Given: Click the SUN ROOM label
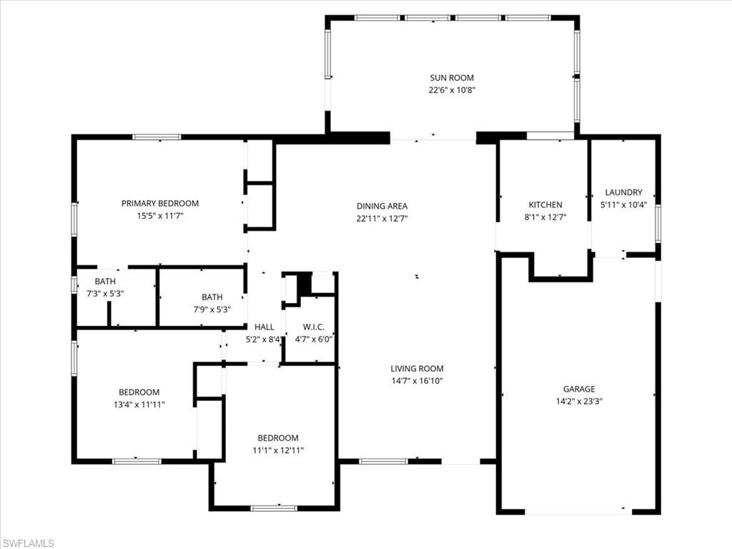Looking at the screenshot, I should click(x=451, y=78).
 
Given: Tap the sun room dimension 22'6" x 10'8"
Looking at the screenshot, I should click(x=451, y=90).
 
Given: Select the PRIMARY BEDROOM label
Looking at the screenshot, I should click(x=159, y=204).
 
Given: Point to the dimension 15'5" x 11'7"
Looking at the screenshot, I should click(x=159, y=215).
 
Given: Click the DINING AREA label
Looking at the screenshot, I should click(x=382, y=206).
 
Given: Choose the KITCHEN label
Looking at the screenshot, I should click(x=545, y=205).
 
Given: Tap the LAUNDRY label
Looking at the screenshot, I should click(x=623, y=192).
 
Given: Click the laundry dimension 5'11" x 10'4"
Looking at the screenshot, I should click(x=623, y=204).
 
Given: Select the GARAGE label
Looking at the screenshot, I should click(x=578, y=389).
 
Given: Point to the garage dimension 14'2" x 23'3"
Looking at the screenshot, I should click(x=578, y=401).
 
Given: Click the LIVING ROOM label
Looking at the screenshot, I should click(x=417, y=369).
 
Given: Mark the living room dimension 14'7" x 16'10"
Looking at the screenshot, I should click(x=417, y=381).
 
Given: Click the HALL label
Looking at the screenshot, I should click(x=264, y=327).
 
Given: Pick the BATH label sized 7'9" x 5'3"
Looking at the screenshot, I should click(x=212, y=297).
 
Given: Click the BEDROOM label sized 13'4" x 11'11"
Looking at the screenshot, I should click(x=139, y=392).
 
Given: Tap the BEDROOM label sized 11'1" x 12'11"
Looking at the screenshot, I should click(x=277, y=438).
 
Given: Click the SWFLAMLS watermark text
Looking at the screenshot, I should click(x=29, y=543).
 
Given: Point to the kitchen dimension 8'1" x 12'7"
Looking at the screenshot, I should click(x=545, y=217).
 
